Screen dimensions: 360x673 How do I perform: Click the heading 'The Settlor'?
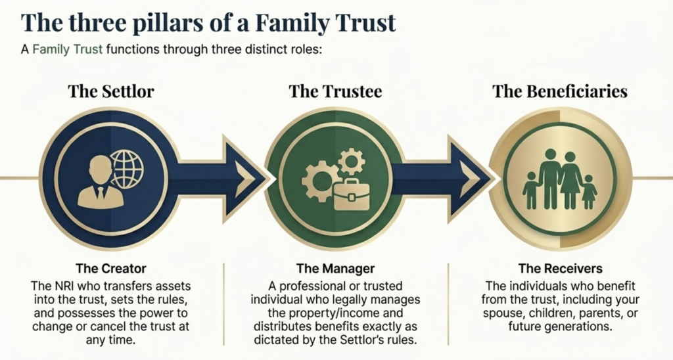pos(110,91)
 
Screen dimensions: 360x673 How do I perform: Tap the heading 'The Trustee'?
pos(335,91)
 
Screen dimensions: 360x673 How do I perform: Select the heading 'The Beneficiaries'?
pos(560,91)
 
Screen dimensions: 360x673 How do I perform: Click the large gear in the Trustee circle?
pos(319,179)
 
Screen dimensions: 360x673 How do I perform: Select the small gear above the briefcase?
pos(351,160)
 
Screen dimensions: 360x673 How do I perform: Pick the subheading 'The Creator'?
pos(111,268)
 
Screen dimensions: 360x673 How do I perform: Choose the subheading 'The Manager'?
pos(335,268)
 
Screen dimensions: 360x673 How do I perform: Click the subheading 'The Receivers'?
pos(560,268)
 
